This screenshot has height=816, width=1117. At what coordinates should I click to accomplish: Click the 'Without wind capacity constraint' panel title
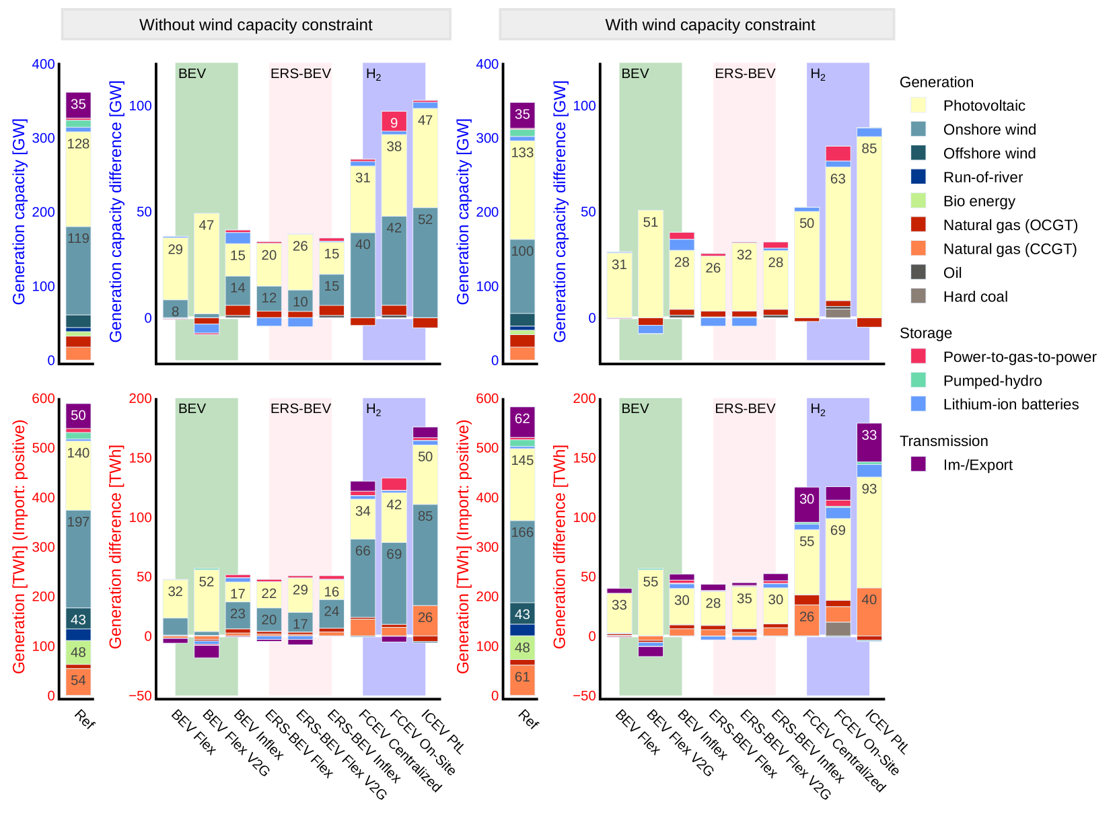(256, 25)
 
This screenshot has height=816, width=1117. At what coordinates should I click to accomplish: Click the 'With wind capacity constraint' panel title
(710, 25)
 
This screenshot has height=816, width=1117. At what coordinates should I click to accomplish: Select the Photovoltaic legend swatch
(918, 105)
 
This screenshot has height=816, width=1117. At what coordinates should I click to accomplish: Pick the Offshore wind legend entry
(989, 153)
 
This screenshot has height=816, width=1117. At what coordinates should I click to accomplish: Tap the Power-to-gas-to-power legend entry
(1019, 357)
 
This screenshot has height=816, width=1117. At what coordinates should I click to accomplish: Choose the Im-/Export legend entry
(977, 465)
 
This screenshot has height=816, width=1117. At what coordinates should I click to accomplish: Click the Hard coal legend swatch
(918, 296)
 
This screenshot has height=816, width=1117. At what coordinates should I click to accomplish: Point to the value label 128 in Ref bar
(78, 144)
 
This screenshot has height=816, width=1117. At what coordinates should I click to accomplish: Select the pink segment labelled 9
(394, 122)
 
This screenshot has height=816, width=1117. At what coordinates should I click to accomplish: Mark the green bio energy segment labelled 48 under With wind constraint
(522, 648)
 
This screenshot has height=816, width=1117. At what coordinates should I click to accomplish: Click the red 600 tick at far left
(44, 398)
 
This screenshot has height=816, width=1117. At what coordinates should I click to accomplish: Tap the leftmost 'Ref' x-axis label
(85, 719)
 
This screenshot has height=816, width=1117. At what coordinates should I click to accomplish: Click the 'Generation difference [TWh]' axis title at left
(116, 546)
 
